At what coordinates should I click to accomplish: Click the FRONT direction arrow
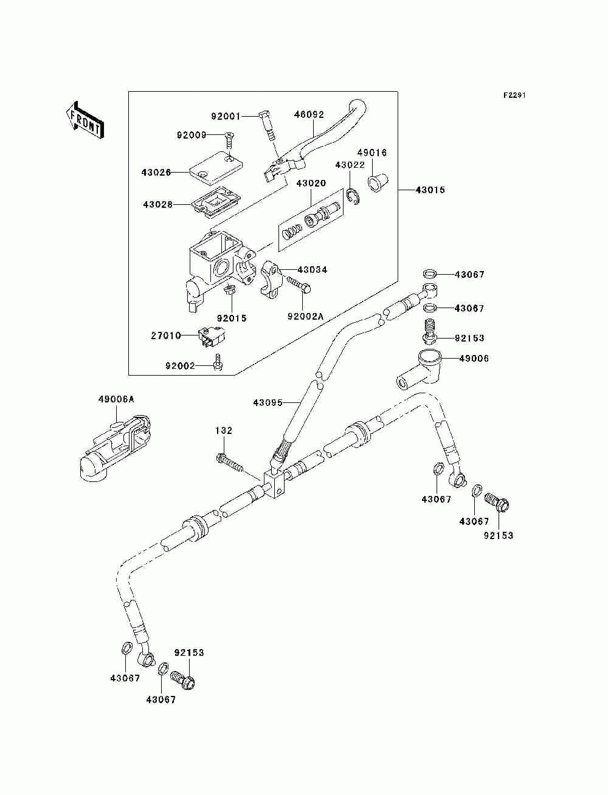point(85,120)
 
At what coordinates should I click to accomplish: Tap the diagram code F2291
point(514,95)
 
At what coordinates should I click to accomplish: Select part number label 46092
point(309,114)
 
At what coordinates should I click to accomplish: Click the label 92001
point(226,116)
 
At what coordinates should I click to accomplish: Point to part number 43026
point(156,173)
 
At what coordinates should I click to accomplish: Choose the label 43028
point(157,205)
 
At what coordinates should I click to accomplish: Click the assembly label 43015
point(430,190)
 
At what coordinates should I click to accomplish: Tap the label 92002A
point(305,316)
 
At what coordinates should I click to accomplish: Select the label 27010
point(166,336)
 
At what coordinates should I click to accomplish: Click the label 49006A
point(116,399)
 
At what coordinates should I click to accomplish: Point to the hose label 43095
point(268,402)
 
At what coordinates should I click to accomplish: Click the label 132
point(224,431)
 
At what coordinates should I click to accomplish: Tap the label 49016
point(373,153)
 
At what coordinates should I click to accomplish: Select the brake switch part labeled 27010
point(212,337)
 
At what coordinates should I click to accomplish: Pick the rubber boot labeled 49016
point(378,182)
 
